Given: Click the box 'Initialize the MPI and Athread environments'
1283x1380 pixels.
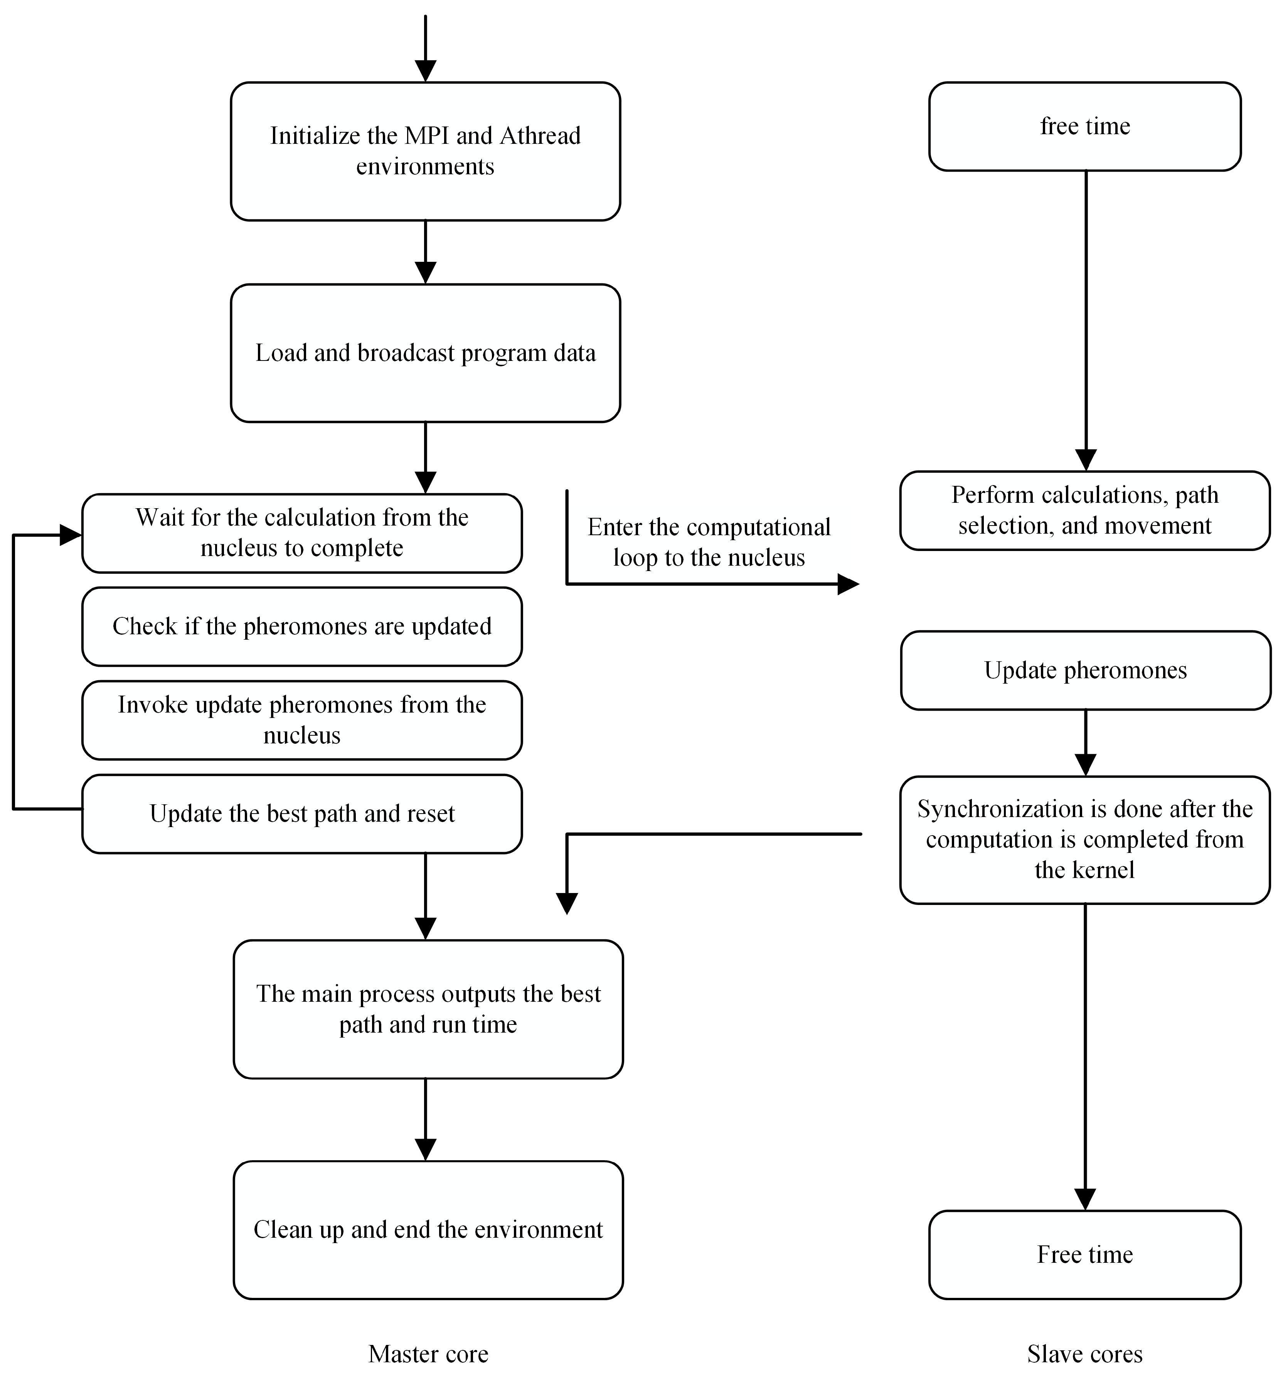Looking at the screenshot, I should coord(425,151).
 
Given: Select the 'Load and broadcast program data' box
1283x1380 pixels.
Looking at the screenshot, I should coord(425,353).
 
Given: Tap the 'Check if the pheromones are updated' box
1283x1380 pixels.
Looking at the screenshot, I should coord(302,626).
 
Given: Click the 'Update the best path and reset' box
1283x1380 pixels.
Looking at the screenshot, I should coord(302,814).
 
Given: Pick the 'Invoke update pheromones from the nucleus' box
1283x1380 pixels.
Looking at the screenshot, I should coord(302,720).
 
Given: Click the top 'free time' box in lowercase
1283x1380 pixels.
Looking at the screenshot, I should coord(1084,126).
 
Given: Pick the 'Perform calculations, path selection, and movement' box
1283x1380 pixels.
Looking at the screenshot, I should coord(1084,510).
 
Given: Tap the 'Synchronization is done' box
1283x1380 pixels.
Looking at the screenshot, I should coord(1084,839).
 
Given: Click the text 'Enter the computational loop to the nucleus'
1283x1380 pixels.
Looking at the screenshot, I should coord(709,542).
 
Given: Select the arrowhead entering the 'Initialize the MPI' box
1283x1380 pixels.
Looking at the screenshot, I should coord(425,71).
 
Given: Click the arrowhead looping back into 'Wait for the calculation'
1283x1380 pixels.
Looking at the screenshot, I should coord(71,535).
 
